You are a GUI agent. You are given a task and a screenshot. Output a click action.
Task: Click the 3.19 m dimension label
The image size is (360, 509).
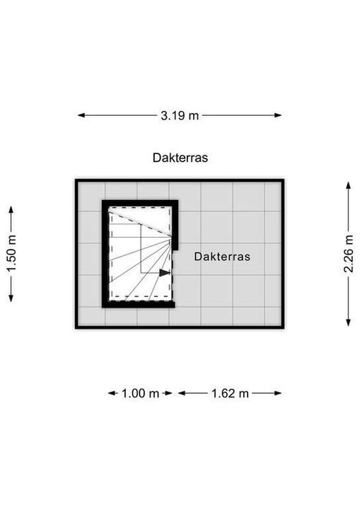(x=180, y=115)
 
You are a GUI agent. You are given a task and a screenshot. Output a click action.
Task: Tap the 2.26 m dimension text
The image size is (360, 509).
(x=349, y=254)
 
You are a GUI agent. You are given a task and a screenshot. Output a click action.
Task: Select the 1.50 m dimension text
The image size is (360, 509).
(x=11, y=254)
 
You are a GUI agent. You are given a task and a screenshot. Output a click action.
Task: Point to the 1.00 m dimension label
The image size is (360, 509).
(x=140, y=394)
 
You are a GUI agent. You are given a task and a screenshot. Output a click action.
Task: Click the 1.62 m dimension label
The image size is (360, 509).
(x=230, y=394)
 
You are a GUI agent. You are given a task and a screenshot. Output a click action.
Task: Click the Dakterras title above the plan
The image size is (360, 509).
(x=180, y=158)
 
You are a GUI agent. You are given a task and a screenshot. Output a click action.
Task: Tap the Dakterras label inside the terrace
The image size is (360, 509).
(x=222, y=257)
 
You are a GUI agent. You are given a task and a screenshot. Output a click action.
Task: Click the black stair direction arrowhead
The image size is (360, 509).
(x=165, y=273)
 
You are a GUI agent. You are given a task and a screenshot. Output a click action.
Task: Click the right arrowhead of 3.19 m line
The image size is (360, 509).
(x=278, y=115)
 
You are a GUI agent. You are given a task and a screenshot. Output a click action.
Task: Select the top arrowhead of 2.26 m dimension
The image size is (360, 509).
(x=348, y=185)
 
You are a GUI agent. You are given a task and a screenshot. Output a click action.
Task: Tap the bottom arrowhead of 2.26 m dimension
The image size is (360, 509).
(x=348, y=322)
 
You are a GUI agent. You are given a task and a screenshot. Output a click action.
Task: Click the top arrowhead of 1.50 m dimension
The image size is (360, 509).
(x=11, y=210)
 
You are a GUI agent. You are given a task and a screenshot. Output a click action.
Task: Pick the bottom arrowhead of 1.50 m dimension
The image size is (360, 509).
(x=11, y=298)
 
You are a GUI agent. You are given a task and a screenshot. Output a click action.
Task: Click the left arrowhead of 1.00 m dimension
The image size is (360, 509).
(x=112, y=393)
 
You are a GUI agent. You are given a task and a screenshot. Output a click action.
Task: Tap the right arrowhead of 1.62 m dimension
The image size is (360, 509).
(x=278, y=393)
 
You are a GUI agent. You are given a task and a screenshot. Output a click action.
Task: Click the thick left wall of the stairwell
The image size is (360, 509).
(x=105, y=254)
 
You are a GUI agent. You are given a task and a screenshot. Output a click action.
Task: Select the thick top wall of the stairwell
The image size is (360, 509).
(x=140, y=203)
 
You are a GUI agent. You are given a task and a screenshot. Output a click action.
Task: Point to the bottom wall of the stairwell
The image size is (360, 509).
(x=139, y=305)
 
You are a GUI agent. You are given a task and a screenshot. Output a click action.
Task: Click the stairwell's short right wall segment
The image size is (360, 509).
(x=175, y=226)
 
